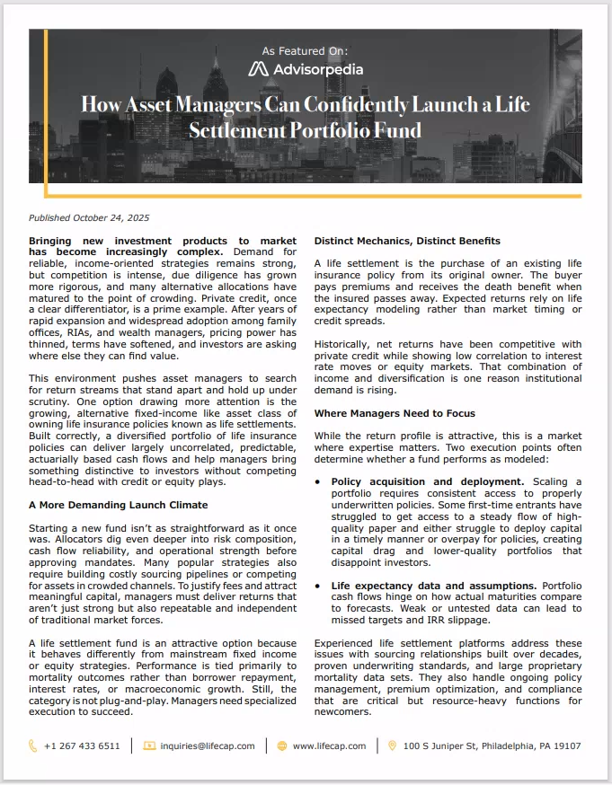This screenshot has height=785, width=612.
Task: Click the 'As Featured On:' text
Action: [306, 51]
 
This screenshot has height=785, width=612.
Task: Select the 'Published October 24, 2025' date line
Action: [89, 217]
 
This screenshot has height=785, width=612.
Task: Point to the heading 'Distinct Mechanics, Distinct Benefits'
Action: [407, 241]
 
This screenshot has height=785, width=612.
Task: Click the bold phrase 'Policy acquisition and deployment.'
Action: [428, 481]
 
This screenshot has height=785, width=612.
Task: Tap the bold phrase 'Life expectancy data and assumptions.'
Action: [433, 586]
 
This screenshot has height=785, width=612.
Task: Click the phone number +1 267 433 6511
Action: [82, 745]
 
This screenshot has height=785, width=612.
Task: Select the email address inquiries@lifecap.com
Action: [207, 745]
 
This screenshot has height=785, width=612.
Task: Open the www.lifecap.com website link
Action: [329, 745]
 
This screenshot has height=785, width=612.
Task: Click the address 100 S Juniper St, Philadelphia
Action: [492, 745]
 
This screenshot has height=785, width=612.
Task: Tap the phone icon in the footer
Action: [33, 745]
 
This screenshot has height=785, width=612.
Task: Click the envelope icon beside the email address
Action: [149, 745]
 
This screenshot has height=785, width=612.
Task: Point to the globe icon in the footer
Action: [281, 745]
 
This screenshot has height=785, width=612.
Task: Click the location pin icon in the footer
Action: [392, 745]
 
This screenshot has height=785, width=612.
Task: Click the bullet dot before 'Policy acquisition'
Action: [319, 482]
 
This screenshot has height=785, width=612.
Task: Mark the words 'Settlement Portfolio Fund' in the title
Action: [306, 130]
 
